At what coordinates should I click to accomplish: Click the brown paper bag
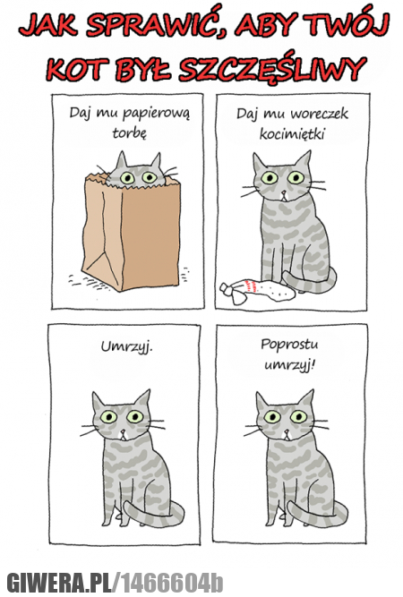click(130, 232)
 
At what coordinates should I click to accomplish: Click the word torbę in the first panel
click(129, 132)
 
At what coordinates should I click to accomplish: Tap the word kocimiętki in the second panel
click(292, 133)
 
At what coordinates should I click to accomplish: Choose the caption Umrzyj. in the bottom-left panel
click(126, 347)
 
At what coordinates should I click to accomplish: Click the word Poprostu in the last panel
click(289, 345)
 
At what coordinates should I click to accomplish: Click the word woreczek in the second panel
click(319, 113)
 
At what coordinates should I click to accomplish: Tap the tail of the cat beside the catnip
click(311, 280)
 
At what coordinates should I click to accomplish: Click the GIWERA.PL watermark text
click(59, 582)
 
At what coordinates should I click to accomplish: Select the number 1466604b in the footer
click(172, 582)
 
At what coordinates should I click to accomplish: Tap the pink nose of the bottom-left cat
click(123, 431)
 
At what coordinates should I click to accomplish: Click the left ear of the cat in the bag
click(121, 160)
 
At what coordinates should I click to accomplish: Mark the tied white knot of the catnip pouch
click(227, 288)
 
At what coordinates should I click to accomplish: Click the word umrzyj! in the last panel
click(289, 365)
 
